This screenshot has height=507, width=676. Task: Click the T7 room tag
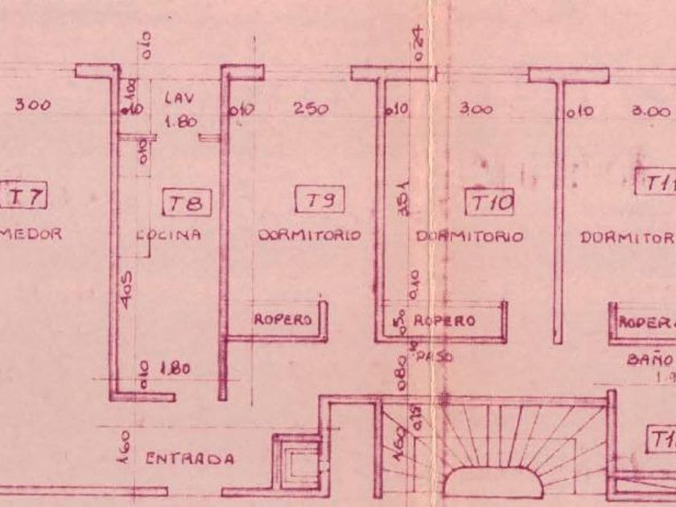(27, 196)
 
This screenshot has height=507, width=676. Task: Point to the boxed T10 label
(491, 203)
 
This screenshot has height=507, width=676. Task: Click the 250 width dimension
(311, 109)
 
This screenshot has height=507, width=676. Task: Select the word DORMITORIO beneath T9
(309, 236)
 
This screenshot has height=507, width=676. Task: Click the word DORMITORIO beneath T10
(469, 237)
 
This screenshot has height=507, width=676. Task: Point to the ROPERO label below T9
(282, 319)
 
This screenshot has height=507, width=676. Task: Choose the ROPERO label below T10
(444, 320)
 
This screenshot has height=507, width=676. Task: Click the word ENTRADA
(190, 459)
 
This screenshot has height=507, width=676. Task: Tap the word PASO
(435, 354)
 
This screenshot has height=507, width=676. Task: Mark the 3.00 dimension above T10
(476, 109)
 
